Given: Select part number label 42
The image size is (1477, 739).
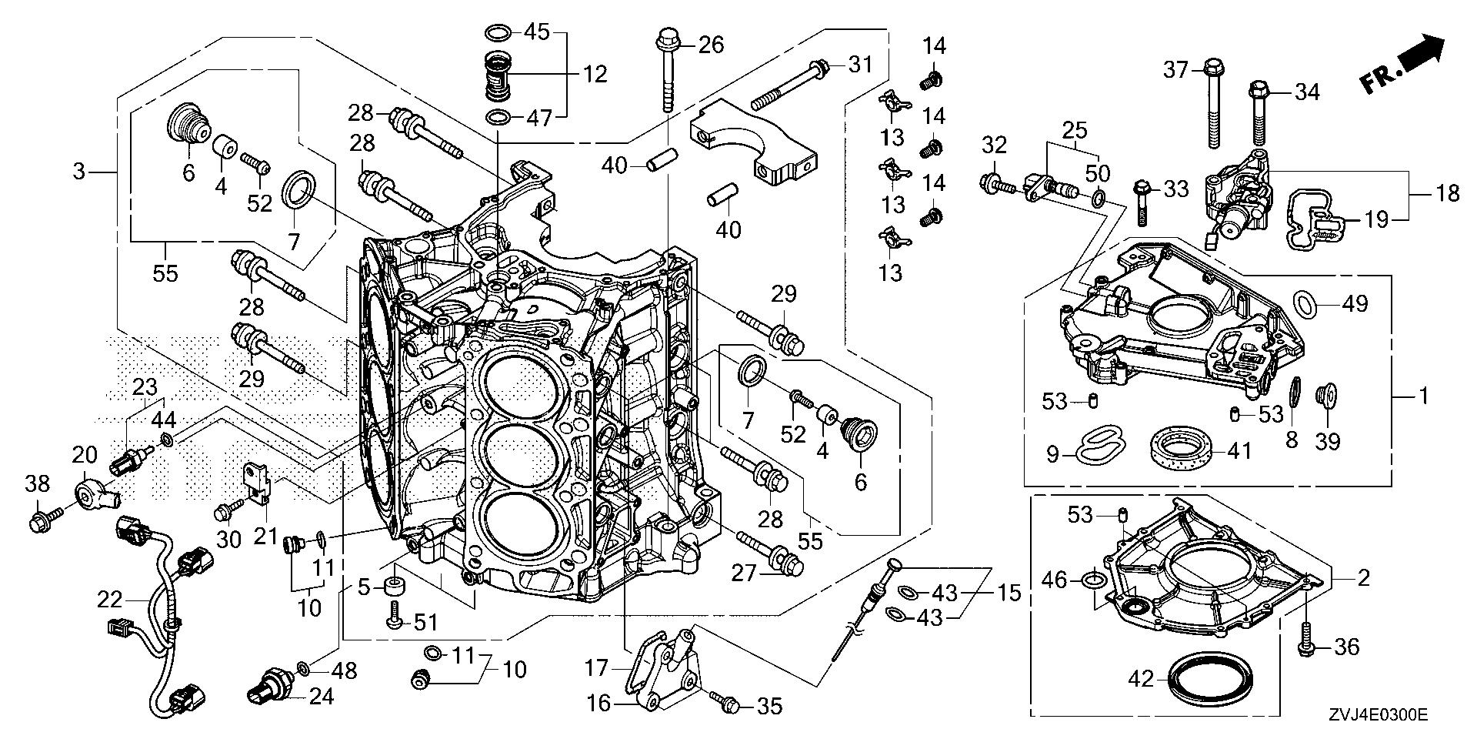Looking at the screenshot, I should [1142, 679].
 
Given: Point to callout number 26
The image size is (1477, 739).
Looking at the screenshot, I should [712, 45].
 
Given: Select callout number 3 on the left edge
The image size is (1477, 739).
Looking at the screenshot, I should [79, 171].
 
